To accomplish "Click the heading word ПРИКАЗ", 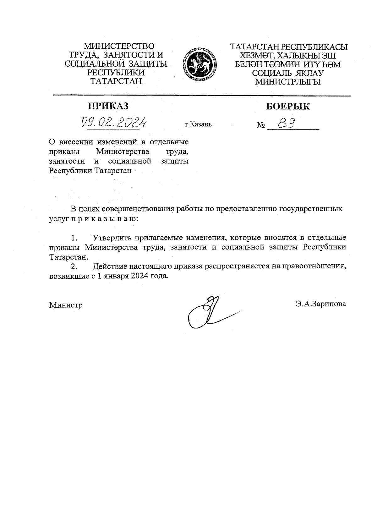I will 108,106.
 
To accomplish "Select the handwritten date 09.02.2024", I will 114,122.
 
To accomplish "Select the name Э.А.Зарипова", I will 320,304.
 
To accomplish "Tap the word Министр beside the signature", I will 66,305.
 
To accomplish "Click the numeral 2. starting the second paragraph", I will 74,267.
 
